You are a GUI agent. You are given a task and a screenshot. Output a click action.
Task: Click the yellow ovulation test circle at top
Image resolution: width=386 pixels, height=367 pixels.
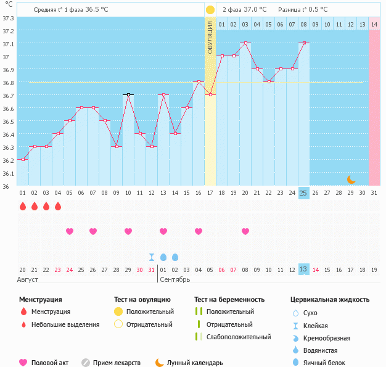(x=210, y=10)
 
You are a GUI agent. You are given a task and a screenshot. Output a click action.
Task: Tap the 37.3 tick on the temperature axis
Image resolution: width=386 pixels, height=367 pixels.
(x=8, y=18)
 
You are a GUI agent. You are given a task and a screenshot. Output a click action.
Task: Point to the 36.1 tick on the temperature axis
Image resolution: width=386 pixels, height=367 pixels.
(x=8, y=173)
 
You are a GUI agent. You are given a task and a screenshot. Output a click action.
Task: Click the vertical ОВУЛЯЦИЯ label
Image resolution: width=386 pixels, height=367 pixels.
(x=210, y=39)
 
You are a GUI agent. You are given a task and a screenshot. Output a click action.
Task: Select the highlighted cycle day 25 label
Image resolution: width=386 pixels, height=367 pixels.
(x=303, y=193)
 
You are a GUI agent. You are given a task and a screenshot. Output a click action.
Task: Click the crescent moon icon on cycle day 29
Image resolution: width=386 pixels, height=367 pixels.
(x=351, y=179)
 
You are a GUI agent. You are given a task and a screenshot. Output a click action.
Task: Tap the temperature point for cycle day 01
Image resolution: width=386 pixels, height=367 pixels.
(x=23, y=159)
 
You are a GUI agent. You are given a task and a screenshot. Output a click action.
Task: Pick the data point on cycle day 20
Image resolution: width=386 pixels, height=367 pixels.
(x=245, y=43)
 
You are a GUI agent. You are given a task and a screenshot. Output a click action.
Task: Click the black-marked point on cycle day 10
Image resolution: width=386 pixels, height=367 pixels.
(x=128, y=94)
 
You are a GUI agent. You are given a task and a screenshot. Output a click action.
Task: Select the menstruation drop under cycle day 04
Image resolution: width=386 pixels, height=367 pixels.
(x=58, y=207)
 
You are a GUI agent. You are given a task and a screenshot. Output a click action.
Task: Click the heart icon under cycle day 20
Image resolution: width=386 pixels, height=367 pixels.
(x=245, y=231)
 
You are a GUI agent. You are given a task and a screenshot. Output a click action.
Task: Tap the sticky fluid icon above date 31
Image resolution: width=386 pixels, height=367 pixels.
(x=152, y=257)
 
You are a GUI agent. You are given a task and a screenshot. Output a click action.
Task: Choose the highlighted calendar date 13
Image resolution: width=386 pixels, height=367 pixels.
(x=303, y=270)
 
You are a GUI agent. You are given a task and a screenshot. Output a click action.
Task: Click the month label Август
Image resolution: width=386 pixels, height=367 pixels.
(x=28, y=279)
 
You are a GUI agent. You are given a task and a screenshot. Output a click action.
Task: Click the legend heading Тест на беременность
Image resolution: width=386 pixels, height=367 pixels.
(x=229, y=300)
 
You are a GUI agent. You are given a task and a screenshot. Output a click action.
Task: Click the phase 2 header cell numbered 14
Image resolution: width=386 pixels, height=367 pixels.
(x=374, y=24)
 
